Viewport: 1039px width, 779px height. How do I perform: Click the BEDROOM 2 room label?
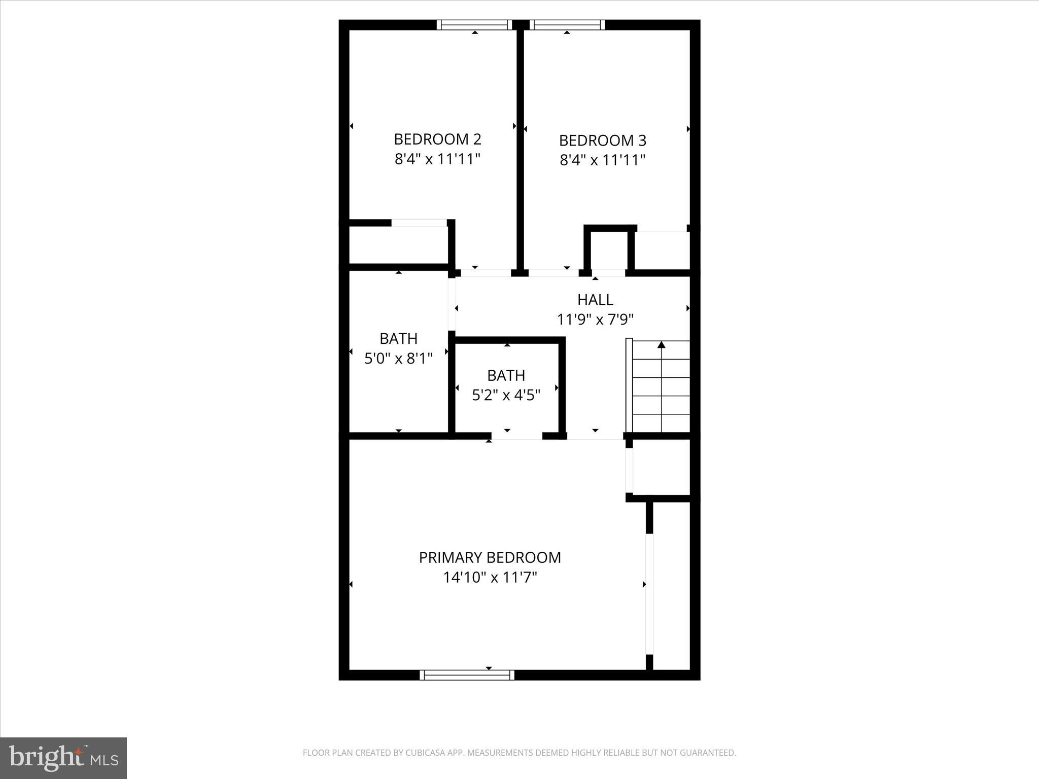point(437,139)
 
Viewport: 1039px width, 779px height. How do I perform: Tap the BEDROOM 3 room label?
point(602,140)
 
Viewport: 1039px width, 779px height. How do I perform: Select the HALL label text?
point(595,300)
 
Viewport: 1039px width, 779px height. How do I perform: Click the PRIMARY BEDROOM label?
point(490,557)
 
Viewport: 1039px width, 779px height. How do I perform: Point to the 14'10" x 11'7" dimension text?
point(490,578)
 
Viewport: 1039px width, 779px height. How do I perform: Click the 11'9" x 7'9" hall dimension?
point(595,320)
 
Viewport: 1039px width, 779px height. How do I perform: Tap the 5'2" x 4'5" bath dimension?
point(506,395)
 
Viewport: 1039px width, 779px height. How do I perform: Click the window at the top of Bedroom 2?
point(474,25)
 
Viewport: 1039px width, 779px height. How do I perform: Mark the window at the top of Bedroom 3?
point(567,25)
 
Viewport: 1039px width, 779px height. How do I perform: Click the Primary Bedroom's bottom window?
point(467,675)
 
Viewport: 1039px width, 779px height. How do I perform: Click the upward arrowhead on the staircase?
point(661,345)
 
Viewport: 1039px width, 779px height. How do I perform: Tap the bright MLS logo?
point(63,758)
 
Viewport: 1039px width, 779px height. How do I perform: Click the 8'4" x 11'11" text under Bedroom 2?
point(437,160)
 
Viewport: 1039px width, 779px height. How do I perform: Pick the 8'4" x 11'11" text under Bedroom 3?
point(602,161)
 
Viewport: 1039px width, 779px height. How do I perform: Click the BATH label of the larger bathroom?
point(398,338)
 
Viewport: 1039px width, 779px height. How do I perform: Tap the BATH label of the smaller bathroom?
point(506,375)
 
